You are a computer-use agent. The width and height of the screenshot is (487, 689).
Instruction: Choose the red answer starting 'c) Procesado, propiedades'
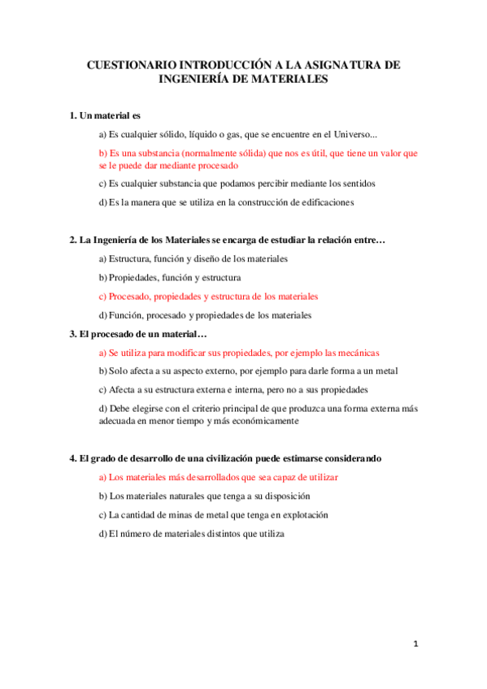pyautogui.click(x=208, y=297)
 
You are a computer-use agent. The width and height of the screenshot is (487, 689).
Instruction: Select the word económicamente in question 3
pyautogui.click(x=260, y=421)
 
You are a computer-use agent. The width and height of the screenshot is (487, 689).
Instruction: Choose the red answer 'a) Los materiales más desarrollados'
pyautogui.click(x=218, y=477)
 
